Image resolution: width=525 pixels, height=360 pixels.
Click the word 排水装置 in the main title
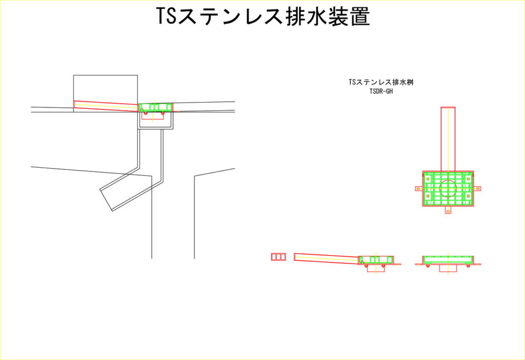[328, 16]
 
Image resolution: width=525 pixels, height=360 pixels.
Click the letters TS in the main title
[167, 16]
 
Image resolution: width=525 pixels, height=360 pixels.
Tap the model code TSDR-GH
[381, 91]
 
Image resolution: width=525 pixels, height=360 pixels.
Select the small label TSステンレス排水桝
[381, 82]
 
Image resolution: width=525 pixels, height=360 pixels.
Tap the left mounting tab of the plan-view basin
[418, 189]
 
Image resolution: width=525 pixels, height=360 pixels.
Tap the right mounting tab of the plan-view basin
[477, 189]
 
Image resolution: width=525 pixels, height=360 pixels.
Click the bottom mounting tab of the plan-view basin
[448, 210]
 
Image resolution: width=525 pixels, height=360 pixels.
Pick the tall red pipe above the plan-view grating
[448, 139]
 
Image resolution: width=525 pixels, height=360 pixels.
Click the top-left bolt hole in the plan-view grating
[428, 179]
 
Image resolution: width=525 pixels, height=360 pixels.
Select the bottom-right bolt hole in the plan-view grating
[468, 196]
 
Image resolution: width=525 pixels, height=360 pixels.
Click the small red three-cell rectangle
[278, 257]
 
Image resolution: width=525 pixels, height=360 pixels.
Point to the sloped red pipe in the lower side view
[327, 258]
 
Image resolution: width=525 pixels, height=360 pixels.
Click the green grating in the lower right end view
[448, 259]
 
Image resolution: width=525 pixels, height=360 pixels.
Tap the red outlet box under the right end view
[448, 268]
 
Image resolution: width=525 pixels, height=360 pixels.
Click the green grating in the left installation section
[156, 107]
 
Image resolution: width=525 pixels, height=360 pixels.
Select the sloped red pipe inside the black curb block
[106, 106]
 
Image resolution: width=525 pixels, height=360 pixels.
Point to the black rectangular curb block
[106, 93]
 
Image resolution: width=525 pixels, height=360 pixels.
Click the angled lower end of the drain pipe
[106, 200]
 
